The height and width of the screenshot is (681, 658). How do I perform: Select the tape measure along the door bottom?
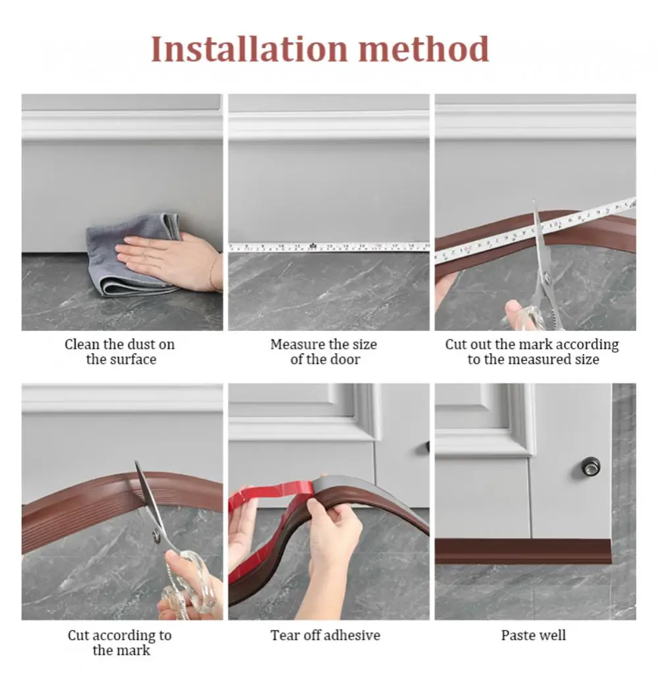[329, 247]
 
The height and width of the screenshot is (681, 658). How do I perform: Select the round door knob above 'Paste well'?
[590, 467]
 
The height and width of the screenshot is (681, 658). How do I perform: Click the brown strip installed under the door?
[522, 551]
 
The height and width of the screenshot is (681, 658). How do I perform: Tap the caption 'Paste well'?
[533, 635]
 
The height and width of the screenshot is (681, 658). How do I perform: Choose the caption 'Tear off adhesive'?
[325, 635]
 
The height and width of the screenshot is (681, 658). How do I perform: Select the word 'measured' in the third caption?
[544, 359]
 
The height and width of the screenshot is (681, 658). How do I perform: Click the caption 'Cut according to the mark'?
[120, 642]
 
